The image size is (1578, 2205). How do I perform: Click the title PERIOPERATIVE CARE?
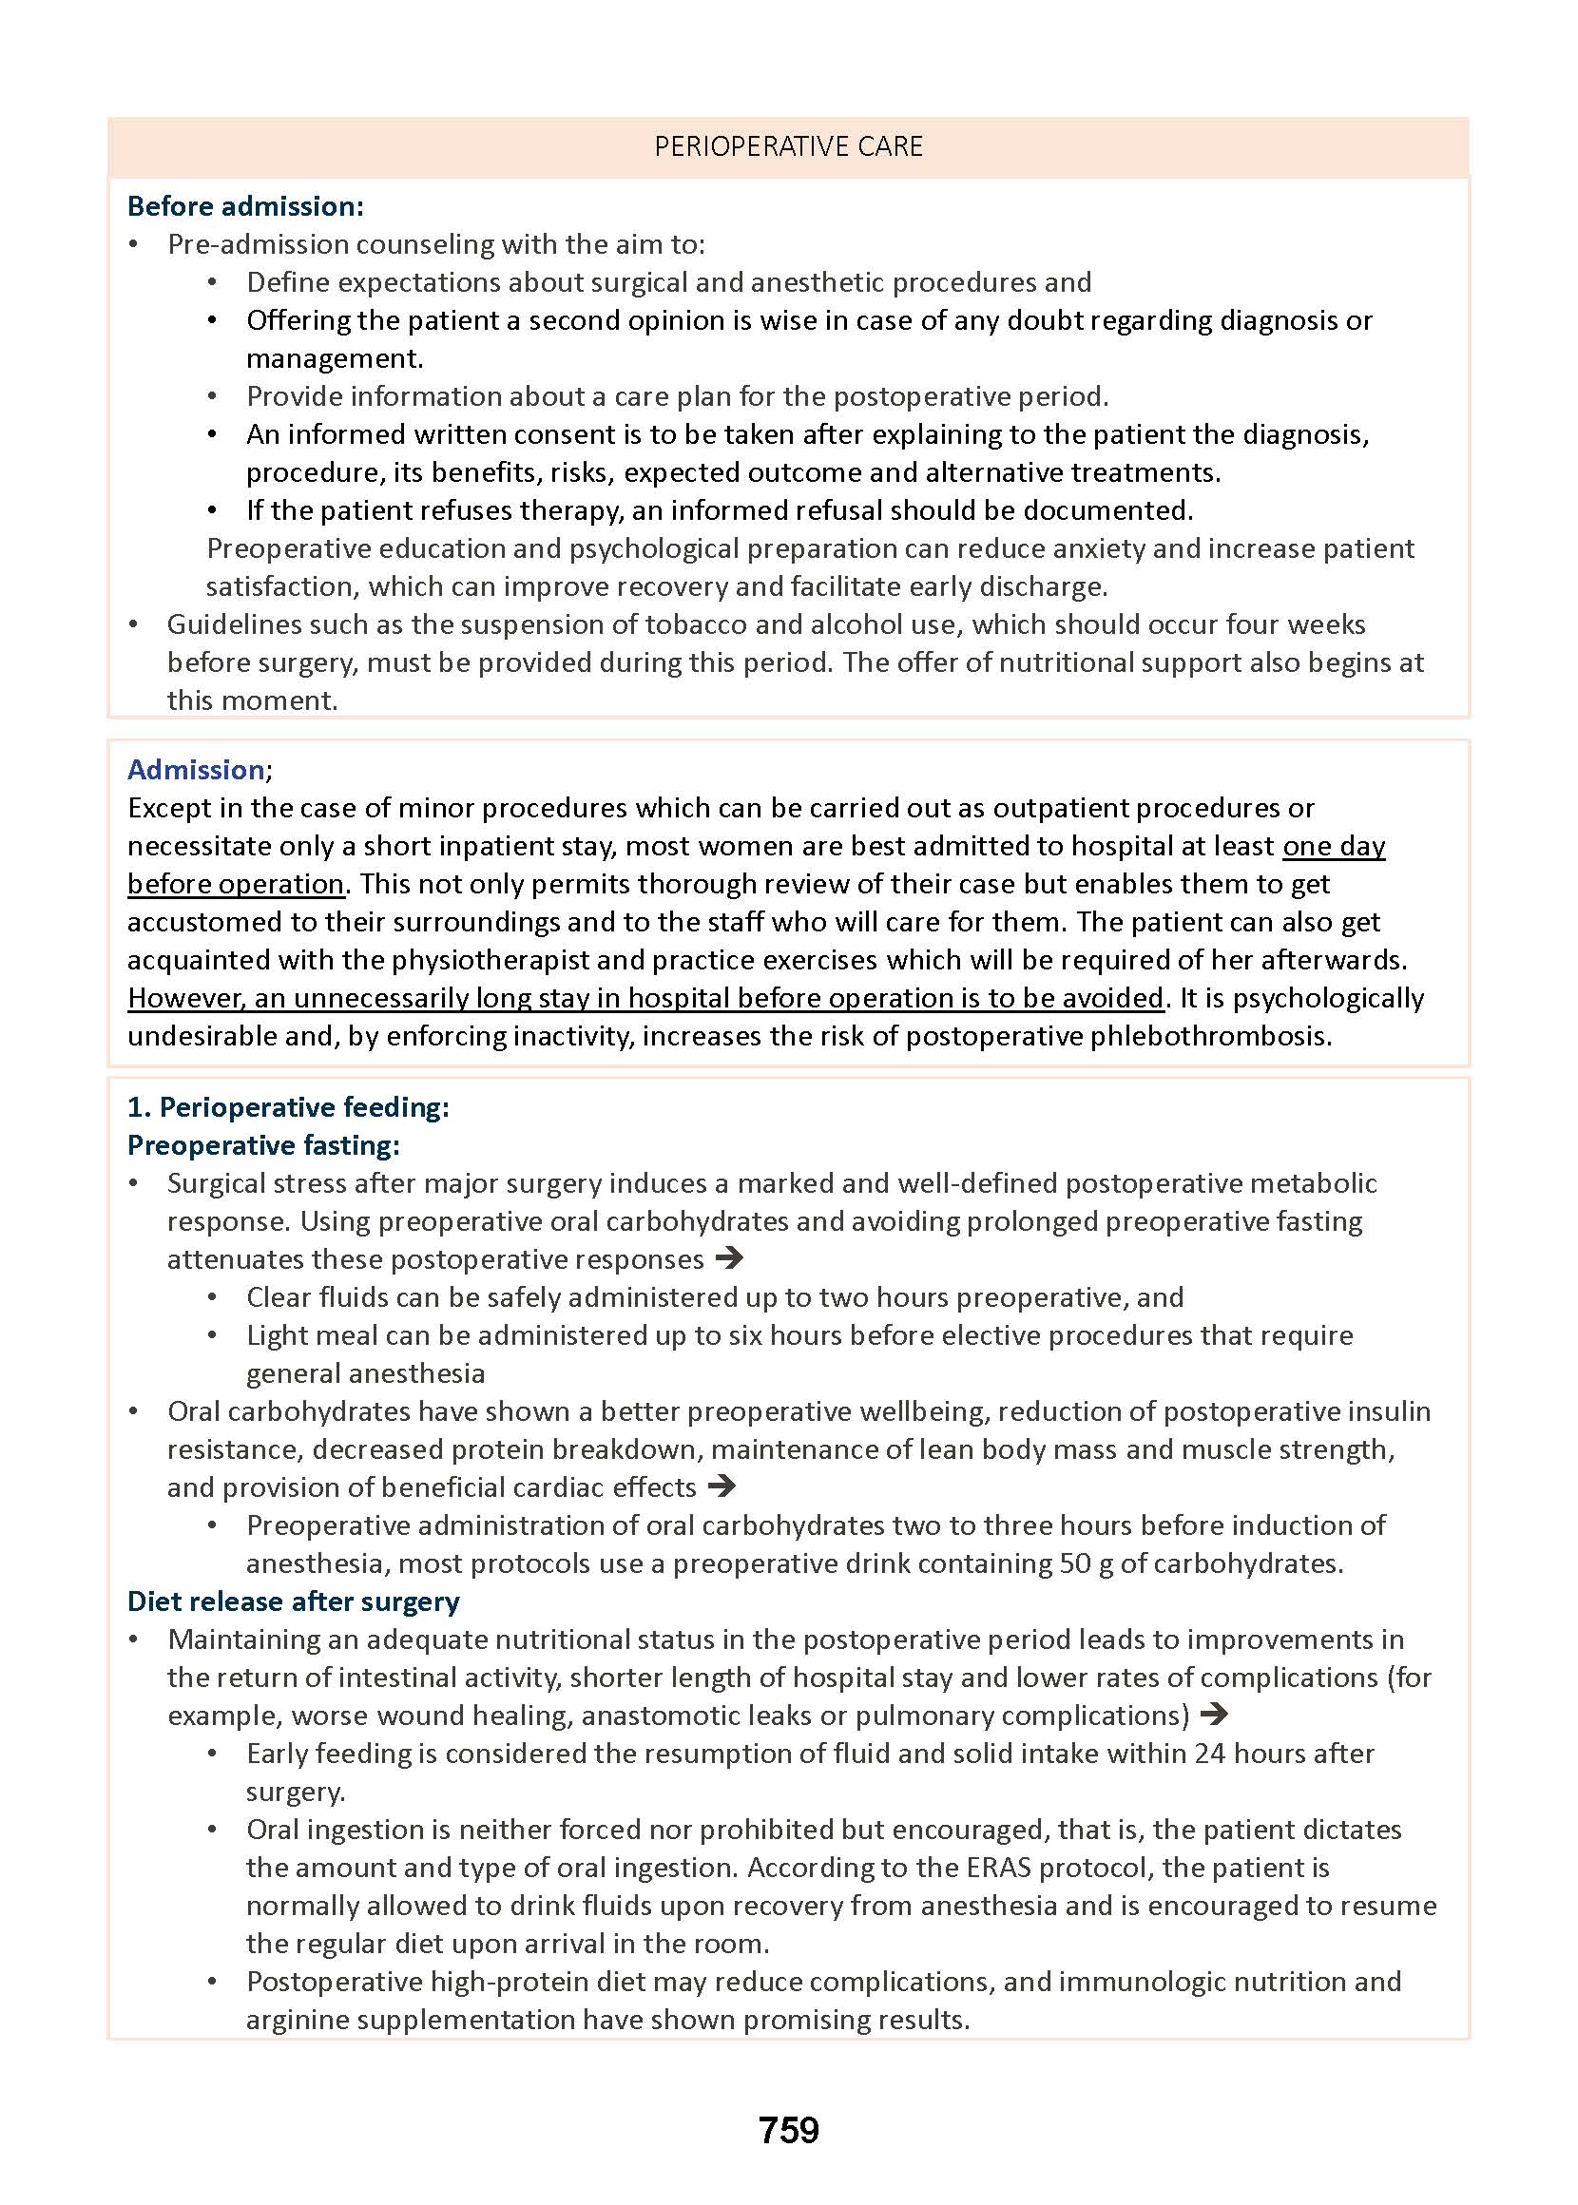(788, 146)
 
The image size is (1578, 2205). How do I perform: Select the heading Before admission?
(245, 206)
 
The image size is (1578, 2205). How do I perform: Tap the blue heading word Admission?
(195, 769)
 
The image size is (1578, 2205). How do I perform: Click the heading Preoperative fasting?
(263, 1145)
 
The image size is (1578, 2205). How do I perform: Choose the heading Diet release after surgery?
(294, 1601)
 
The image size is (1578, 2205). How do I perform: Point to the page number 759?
(788, 2130)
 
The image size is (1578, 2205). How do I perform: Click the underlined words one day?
(1333, 846)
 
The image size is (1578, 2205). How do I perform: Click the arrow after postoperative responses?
(729, 1259)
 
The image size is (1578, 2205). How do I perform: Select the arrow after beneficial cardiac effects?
(721, 1486)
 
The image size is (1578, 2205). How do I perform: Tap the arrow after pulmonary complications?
(1214, 1715)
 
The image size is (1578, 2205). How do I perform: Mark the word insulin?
(1389, 1411)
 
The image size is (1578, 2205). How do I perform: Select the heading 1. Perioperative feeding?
(289, 1107)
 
